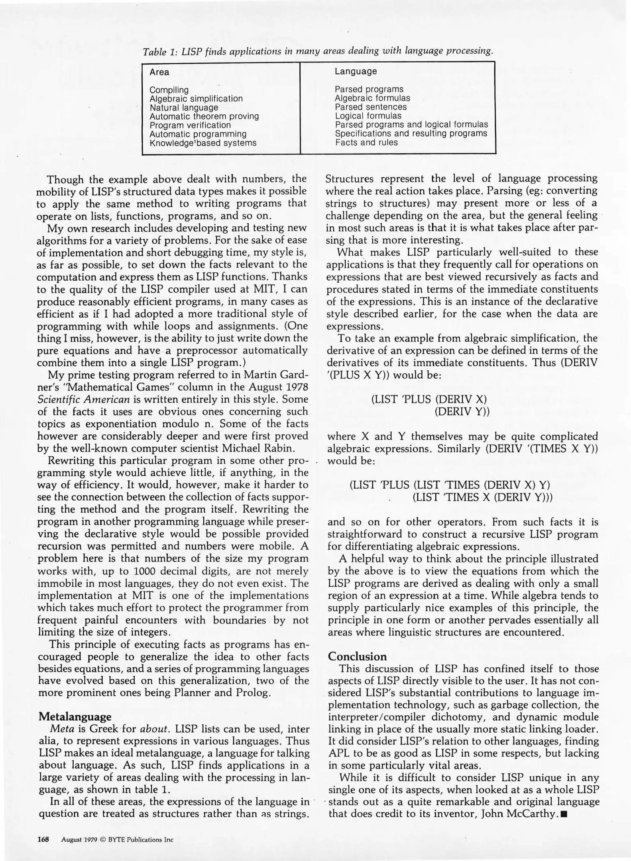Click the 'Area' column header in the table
coord(159,72)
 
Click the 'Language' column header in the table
coord(356,71)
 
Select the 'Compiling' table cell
coord(169,90)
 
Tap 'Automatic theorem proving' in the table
coord(204,116)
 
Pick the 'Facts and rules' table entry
coord(366,143)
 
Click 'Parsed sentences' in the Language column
coord(370,107)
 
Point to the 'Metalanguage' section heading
coord(75,717)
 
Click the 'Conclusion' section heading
coord(357,657)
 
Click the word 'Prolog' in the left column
coord(254,692)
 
